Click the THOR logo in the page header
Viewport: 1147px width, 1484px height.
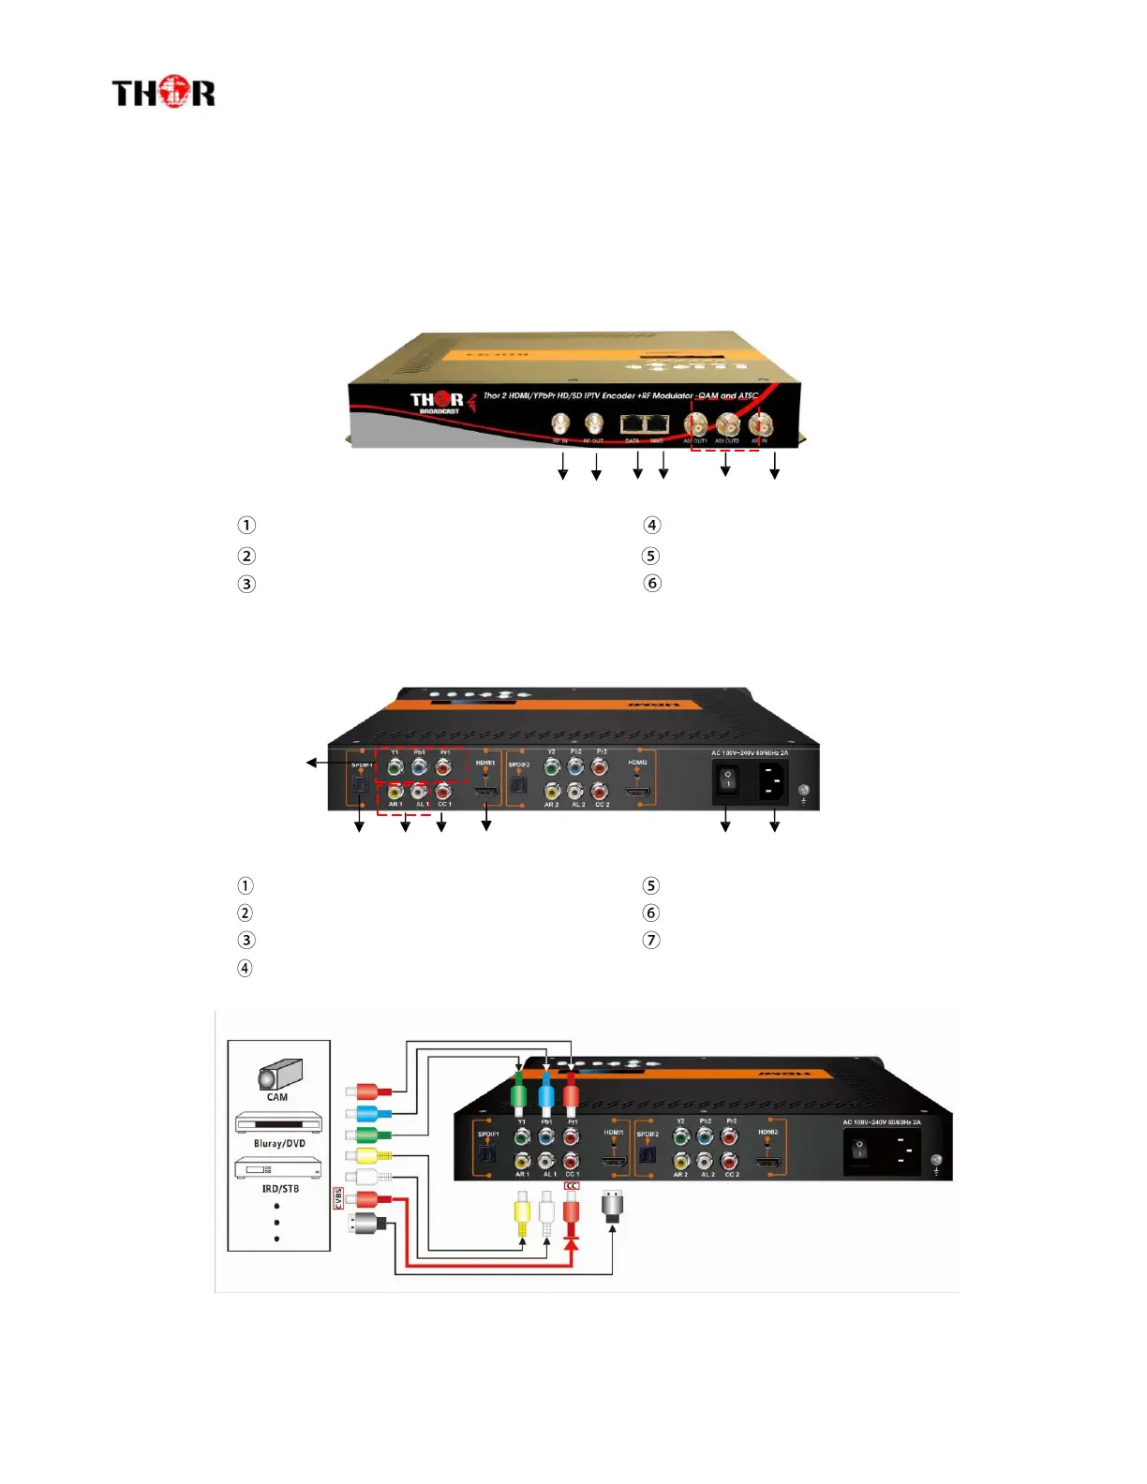163,93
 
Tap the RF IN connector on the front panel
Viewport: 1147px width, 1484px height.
560,424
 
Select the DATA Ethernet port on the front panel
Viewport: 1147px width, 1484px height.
633,424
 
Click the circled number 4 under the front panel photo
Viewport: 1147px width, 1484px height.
652,526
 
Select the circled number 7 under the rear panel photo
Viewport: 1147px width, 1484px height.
651,940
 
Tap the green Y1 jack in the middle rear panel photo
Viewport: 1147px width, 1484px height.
395,767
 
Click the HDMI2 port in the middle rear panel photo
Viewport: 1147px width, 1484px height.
637,792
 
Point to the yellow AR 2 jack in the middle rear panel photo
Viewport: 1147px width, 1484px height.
552,792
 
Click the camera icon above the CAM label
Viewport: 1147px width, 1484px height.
280,1074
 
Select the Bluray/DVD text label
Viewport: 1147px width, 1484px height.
279,1143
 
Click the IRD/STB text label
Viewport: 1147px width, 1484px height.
280,1189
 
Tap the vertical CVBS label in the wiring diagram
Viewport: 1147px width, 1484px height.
338,1198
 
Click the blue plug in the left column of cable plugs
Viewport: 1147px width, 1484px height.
367,1113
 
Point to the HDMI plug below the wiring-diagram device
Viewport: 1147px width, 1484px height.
613,1206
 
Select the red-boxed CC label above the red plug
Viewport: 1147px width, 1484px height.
572,1186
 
